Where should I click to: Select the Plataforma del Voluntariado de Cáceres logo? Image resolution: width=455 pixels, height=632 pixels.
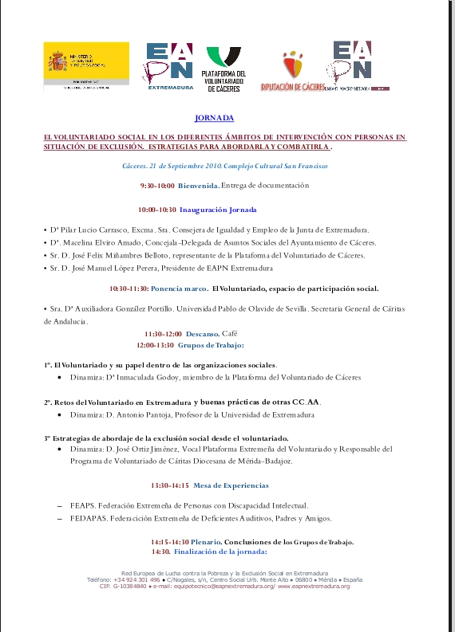coord(226,70)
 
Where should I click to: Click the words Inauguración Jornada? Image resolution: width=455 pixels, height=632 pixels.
coord(218,210)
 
